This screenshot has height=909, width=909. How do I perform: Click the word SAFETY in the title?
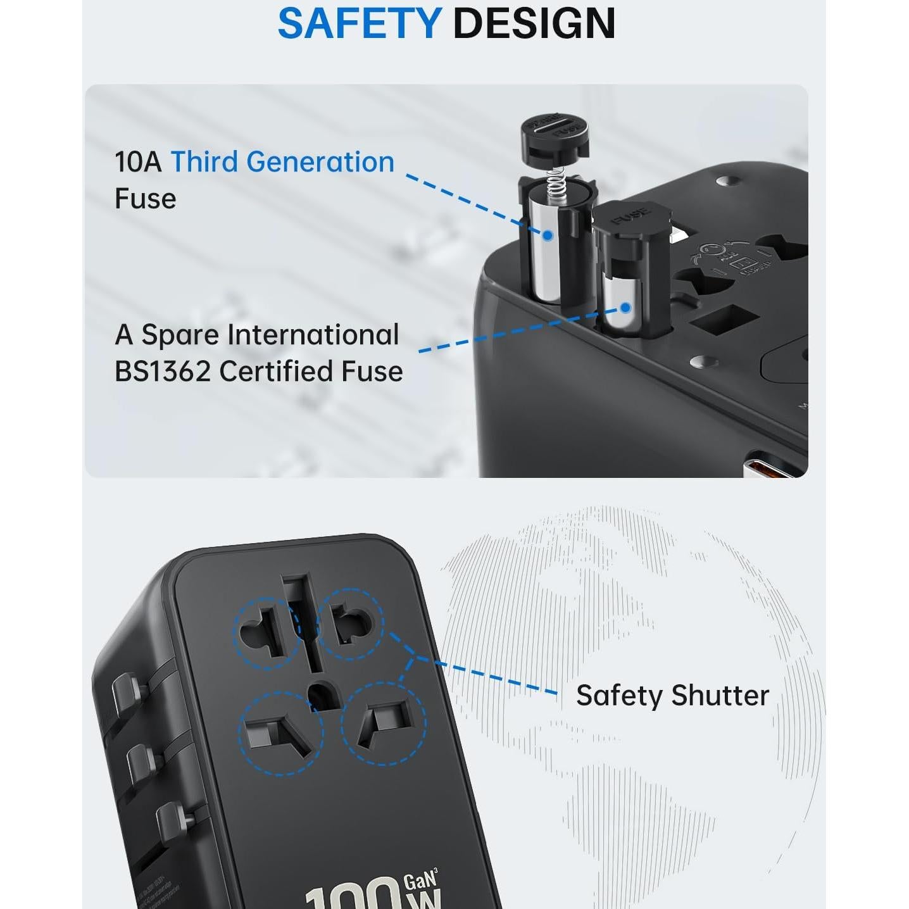click(359, 23)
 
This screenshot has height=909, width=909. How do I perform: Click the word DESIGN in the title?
click(534, 23)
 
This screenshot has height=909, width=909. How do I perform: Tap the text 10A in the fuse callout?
click(137, 162)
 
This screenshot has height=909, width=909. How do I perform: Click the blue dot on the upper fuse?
click(548, 235)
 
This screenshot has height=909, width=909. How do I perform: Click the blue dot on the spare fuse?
click(625, 308)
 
